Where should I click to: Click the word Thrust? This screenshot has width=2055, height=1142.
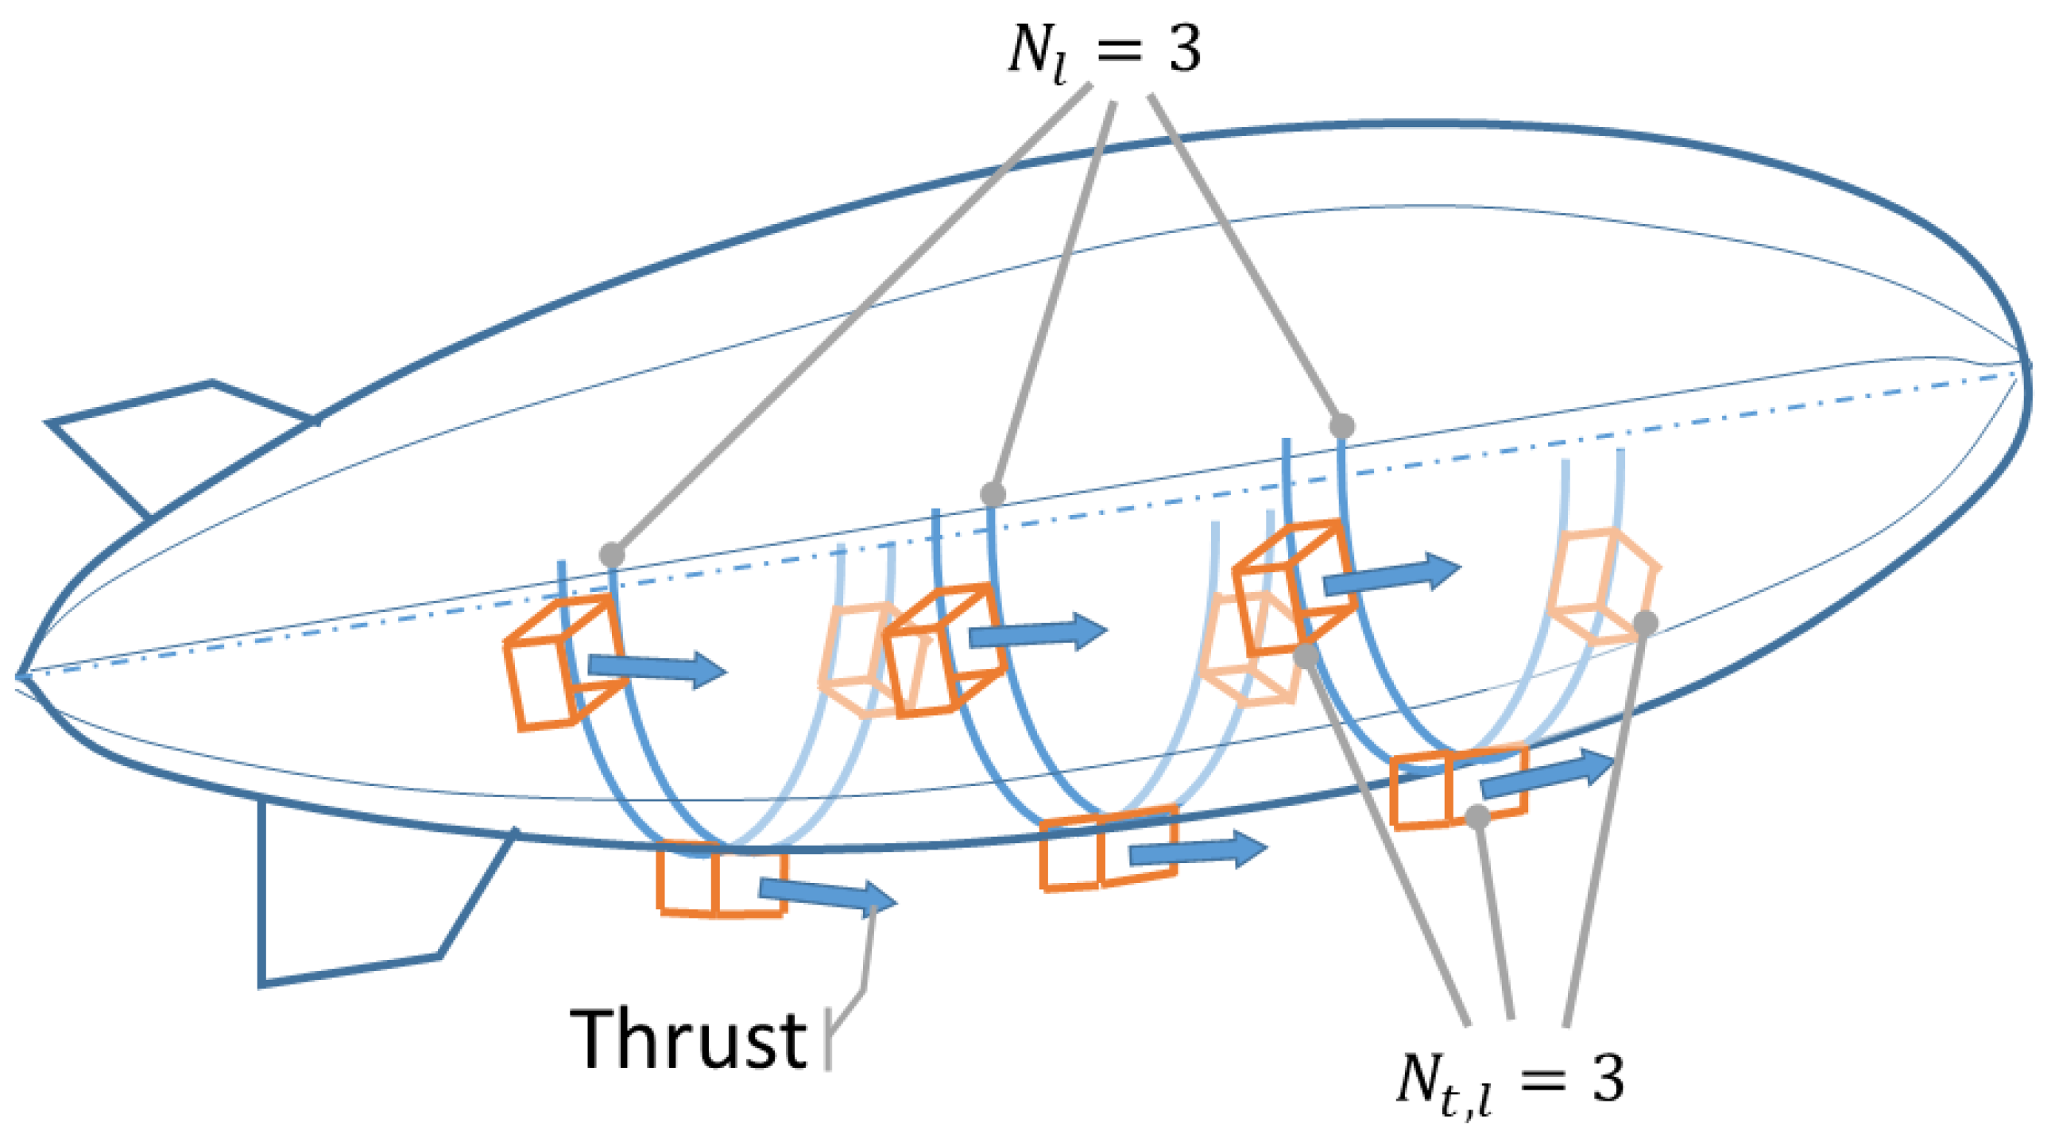[x=687, y=1039]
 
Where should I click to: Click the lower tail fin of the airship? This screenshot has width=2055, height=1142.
[x=359, y=902]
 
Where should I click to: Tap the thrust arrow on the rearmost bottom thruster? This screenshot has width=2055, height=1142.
[x=826, y=897]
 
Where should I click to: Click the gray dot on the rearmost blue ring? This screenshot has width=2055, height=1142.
[x=612, y=554]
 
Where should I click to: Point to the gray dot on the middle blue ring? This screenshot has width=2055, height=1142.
[x=993, y=494]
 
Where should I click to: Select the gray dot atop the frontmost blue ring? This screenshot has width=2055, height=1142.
[x=1342, y=426]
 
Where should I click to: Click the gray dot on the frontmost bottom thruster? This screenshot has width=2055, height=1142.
[x=1477, y=816]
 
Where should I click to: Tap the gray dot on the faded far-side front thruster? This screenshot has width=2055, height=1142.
[x=1645, y=621]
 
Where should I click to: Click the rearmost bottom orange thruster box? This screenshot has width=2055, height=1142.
[x=722, y=878]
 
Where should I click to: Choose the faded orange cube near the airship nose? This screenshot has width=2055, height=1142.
[x=1600, y=585]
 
